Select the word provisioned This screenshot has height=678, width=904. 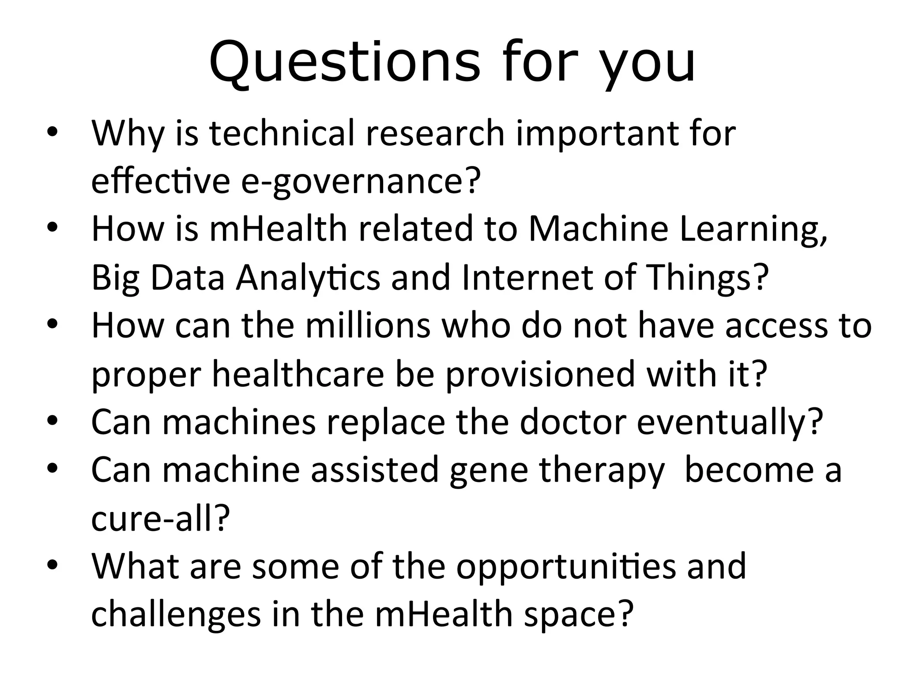540,374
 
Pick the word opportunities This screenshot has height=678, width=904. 565,567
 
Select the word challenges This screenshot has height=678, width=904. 176,615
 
